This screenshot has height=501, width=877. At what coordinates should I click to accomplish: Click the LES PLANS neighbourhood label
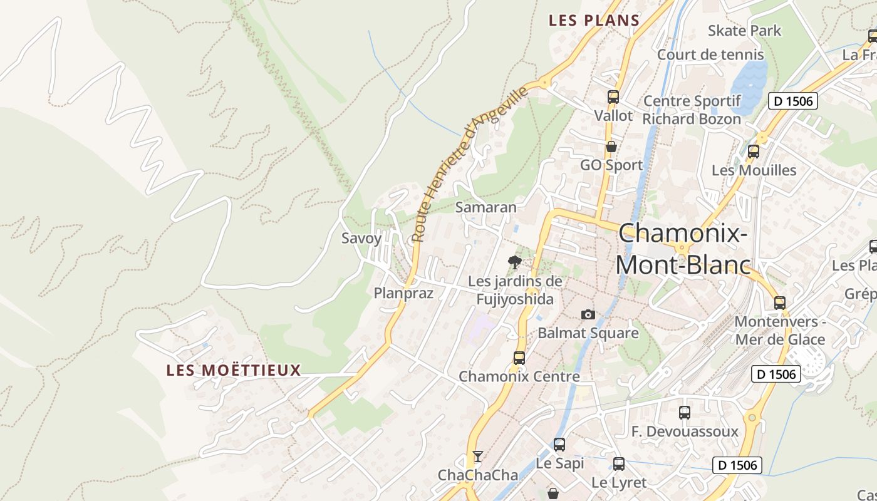click(x=594, y=21)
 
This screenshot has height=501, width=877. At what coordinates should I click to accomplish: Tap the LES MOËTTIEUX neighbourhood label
click(x=234, y=370)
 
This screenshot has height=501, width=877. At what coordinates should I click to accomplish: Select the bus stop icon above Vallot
click(x=613, y=97)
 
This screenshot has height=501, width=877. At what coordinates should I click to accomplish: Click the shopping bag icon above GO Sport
click(x=611, y=147)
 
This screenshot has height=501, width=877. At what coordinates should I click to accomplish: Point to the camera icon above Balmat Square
click(x=588, y=314)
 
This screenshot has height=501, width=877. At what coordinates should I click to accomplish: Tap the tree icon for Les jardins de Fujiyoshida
click(x=515, y=262)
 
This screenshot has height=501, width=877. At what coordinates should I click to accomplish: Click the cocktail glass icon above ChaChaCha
click(x=478, y=456)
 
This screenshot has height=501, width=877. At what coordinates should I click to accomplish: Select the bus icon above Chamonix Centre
click(x=519, y=358)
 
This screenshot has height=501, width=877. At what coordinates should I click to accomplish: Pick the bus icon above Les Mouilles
click(x=754, y=151)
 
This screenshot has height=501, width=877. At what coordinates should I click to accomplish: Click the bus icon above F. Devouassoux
click(x=685, y=413)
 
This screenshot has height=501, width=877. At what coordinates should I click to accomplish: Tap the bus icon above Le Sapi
click(x=559, y=445)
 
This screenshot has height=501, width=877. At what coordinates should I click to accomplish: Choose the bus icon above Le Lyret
click(x=619, y=464)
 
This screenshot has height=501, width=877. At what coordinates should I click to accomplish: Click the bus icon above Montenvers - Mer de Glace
click(x=780, y=303)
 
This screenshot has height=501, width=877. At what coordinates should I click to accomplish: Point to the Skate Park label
click(x=744, y=31)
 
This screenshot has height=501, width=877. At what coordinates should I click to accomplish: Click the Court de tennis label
click(x=710, y=54)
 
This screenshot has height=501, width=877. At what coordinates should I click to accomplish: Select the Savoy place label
click(x=361, y=238)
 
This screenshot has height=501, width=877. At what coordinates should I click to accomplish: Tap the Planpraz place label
click(x=403, y=293)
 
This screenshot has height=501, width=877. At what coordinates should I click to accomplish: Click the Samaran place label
click(x=486, y=207)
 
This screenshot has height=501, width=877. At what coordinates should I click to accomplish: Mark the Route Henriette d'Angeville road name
click(x=470, y=164)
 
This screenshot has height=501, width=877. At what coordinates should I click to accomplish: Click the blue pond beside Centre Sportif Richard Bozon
click(x=749, y=85)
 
